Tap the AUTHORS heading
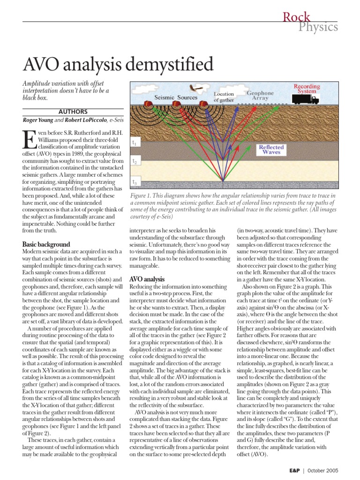(x=73, y=112)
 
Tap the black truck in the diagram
(x=306, y=99)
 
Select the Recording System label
(x=307, y=89)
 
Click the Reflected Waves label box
(x=271, y=150)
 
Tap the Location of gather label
(x=224, y=97)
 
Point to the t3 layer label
(x=135, y=182)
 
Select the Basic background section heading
(x=46, y=244)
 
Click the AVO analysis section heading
(x=147, y=279)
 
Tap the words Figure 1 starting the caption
(x=143, y=195)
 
